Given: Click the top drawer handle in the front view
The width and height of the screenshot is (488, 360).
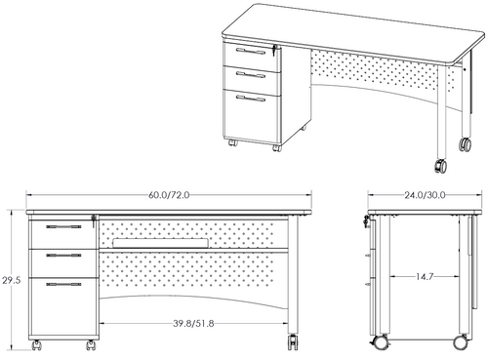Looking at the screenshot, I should (63, 228).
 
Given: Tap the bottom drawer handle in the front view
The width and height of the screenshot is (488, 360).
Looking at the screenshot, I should (63, 285).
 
